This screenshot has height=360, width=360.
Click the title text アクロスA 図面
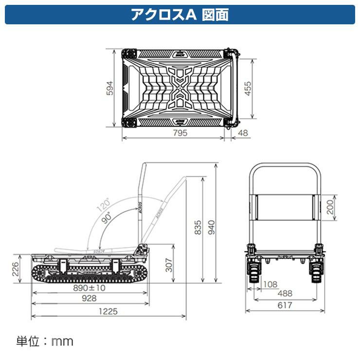tap(180, 14)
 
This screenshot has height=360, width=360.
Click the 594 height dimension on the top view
tap(110, 89)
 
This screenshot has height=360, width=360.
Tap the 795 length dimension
tap(179, 134)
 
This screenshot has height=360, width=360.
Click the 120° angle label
tap(104, 205)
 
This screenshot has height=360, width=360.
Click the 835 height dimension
tap(198, 228)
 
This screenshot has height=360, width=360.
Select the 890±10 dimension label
tap(89, 288)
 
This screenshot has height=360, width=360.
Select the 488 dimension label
tap(285, 294)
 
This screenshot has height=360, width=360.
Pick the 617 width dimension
tap(285, 305)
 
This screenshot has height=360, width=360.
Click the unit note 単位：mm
tap(45, 341)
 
